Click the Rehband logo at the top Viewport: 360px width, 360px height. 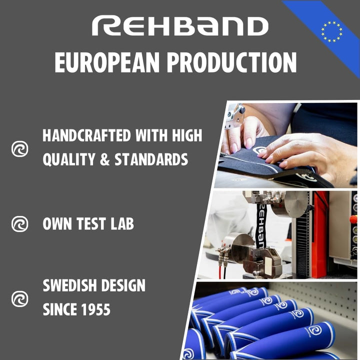180,26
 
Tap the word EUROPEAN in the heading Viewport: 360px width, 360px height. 107,63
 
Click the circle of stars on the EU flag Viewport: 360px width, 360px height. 331,31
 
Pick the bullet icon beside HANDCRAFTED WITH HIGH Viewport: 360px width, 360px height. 20,148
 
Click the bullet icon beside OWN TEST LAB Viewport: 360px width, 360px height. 20,223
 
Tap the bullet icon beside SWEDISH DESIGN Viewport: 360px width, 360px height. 20,298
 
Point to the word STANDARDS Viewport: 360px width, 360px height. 152,160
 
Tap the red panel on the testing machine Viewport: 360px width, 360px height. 319,235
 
